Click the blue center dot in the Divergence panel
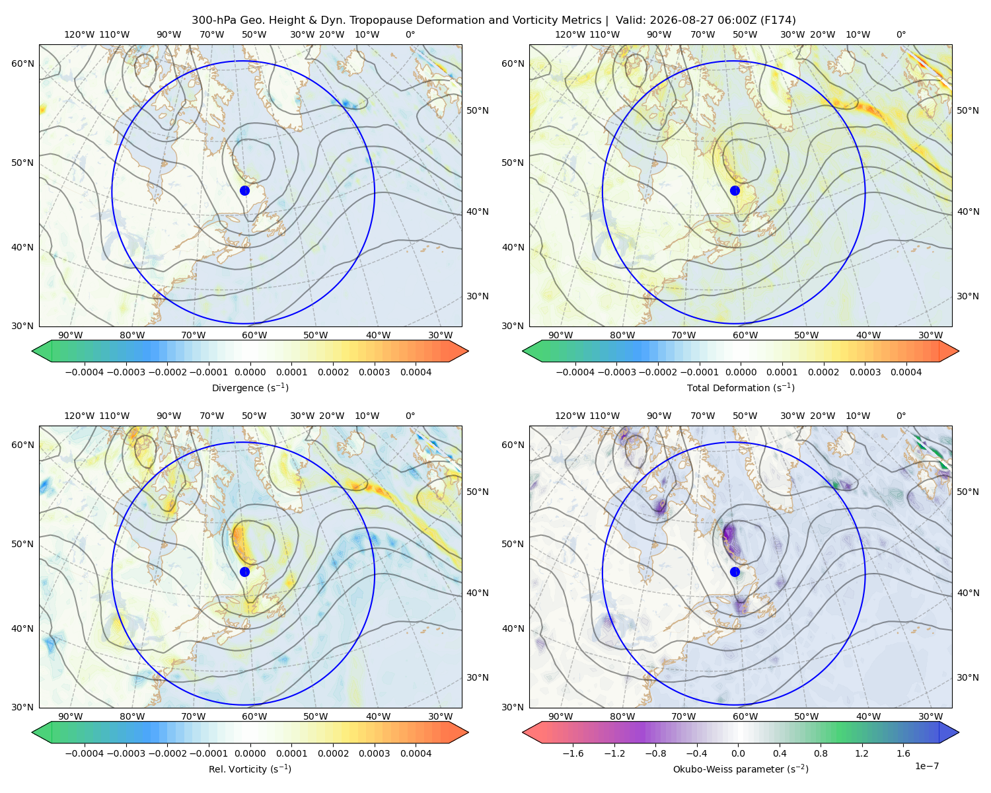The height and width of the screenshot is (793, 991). (244, 191)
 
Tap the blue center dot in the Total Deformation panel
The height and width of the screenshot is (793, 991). (735, 191)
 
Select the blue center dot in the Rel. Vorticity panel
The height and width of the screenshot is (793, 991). (244, 572)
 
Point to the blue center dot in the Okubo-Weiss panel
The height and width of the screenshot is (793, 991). (735, 572)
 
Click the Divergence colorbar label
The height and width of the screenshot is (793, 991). (250, 388)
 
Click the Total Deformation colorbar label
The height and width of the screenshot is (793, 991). (741, 388)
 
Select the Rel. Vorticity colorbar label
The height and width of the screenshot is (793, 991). (250, 769)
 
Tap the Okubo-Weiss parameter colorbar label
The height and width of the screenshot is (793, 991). (741, 769)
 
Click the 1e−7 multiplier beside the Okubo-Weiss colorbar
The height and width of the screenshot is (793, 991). (926, 767)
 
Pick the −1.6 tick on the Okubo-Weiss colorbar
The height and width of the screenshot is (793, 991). (573, 753)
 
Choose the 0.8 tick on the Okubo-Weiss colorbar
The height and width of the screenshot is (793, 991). (821, 753)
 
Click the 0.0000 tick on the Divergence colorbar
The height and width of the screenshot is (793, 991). (250, 372)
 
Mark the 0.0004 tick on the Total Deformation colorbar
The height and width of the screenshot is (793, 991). (906, 372)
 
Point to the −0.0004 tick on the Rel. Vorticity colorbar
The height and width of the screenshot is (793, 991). (85, 753)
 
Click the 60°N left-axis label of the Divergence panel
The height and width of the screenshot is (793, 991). (22, 63)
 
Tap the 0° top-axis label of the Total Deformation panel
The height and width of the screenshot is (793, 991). (900, 34)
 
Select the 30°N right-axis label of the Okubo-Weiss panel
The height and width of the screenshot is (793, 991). (967, 677)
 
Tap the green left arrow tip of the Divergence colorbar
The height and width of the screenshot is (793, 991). (32, 351)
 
